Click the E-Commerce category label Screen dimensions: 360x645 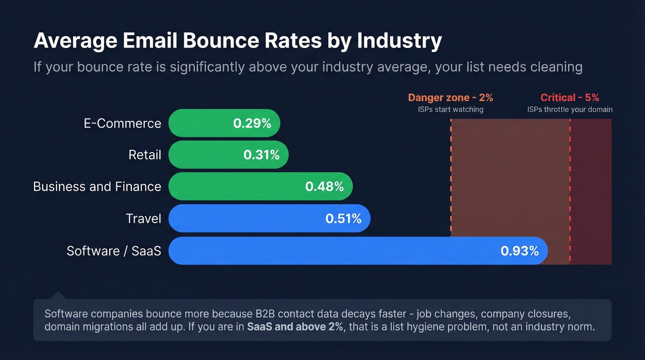pyautogui.click(x=122, y=124)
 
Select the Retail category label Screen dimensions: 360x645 pyautogui.click(x=145, y=155)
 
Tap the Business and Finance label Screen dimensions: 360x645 pyautogui.click(x=97, y=187)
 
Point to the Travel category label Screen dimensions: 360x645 pyautogui.click(x=143, y=218)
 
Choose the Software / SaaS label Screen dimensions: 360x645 pyautogui.click(x=114, y=251)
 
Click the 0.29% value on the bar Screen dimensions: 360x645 pyautogui.click(x=252, y=124)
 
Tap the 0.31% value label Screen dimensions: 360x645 pyautogui.click(x=261, y=155)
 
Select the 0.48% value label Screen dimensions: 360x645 pyautogui.click(x=324, y=187)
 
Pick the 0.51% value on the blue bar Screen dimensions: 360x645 pyautogui.click(x=343, y=218)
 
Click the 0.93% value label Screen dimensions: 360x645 pyautogui.click(x=519, y=251)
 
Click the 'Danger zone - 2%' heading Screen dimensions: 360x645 pyautogui.click(x=450, y=98)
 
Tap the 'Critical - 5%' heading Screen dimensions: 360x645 pyautogui.click(x=569, y=98)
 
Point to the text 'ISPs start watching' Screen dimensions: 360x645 pyautogui.click(x=451, y=110)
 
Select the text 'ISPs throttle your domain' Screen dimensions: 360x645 pyautogui.click(x=570, y=110)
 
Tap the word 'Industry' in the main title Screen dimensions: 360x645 pyautogui.click(x=399, y=41)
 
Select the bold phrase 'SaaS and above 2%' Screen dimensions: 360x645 pyautogui.click(x=295, y=327)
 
